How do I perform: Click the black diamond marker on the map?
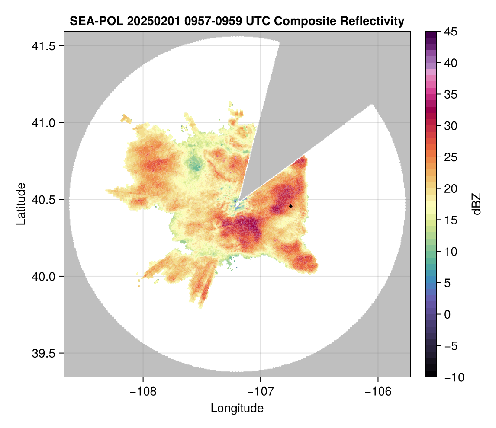tap(291, 206)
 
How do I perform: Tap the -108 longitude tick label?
tap(143, 391)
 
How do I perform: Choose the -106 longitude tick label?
tap(378, 391)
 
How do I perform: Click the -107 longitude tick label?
tap(261, 391)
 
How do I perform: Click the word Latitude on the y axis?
tap(20, 204)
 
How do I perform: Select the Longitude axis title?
tap(237, 408)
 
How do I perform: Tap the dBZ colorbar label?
tap(477, 204)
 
